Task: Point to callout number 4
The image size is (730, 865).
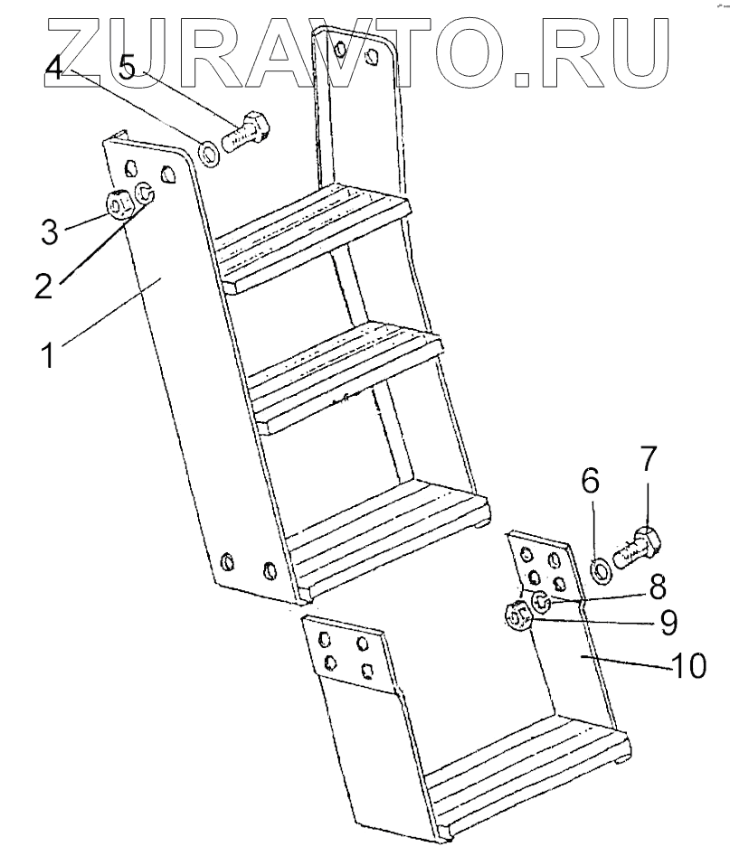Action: (56, 69)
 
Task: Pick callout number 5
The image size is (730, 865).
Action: (130, 69)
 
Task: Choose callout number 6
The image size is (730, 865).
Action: (590, 483)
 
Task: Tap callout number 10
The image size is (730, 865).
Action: (688, 666)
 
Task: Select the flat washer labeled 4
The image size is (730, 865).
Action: (209, 155)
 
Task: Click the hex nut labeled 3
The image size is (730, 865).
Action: (119, 205)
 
